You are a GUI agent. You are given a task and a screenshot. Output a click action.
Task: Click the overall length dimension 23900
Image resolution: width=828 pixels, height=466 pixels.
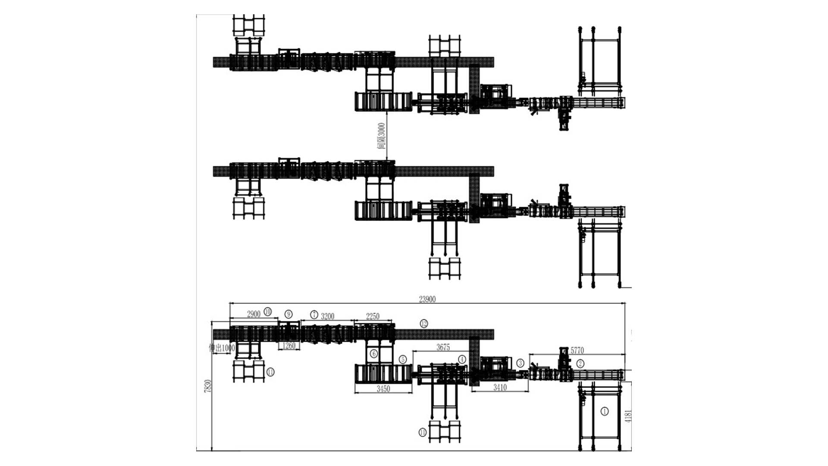click(427, 299)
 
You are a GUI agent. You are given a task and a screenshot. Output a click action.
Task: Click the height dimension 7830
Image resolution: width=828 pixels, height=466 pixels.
click(208, 386)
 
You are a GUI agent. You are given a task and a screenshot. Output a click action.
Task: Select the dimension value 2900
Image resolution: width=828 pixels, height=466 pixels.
click(254, 314)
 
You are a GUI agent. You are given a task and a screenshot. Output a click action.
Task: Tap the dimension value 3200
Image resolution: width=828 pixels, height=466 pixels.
click(327, 316)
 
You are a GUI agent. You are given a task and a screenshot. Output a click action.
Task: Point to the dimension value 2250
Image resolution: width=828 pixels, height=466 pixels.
click(373, 316)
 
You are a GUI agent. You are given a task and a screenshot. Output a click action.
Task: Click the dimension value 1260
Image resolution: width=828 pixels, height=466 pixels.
click(289, 346)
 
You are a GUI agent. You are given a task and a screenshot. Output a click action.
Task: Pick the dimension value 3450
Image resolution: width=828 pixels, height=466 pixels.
click(383, 389)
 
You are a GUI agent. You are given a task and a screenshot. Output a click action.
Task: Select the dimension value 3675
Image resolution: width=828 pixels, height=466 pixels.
click(443, 347)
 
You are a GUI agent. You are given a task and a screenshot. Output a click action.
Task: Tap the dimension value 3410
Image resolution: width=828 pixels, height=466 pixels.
click(500, 387)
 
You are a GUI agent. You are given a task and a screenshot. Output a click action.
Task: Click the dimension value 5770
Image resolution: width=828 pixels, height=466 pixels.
click(577, 350)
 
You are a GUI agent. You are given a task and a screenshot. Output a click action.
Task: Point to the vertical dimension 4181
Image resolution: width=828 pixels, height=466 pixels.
click(628, 416)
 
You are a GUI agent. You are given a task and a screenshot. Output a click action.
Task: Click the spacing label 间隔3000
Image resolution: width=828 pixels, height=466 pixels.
click(381, 136)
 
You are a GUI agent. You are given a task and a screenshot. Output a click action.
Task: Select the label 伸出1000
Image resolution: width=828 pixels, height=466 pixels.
click(222, 348)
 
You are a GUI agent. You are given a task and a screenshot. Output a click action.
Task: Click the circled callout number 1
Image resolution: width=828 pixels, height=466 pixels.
click(605, 411)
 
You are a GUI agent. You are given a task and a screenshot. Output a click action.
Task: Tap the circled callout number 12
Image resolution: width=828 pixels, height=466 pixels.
click(424, 324)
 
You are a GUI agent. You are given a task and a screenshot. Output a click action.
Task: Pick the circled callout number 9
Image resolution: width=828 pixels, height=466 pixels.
click(289, 314)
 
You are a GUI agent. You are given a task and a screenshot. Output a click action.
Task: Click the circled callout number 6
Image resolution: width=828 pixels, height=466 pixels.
click(374, 354)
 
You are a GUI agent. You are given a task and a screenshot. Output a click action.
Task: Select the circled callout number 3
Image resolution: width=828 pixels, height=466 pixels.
click(521, 363)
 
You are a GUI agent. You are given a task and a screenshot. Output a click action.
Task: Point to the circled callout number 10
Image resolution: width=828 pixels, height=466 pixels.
click(268, 312)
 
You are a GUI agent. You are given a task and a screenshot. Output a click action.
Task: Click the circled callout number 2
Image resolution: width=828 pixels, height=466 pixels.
click(580, 363)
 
